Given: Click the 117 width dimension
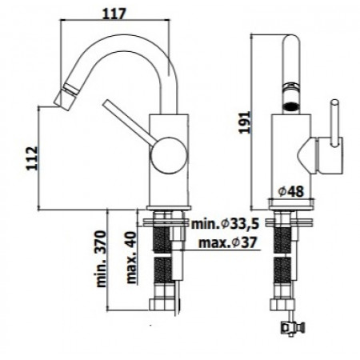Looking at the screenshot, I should (118, 14).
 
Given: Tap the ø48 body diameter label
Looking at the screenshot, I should (290, 191).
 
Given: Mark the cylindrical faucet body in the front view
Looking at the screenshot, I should (290, 156).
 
